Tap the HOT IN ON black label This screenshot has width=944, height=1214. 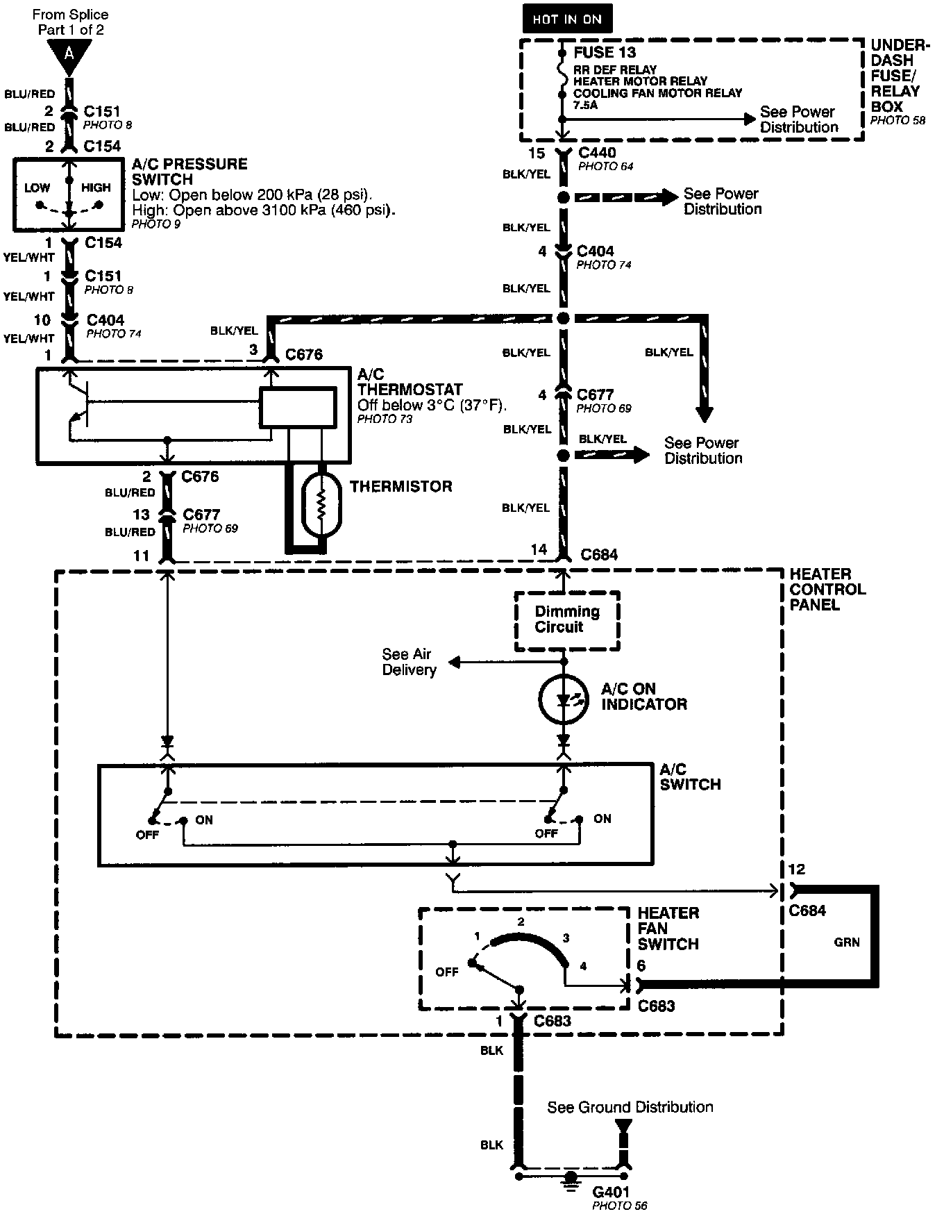(x=567, y=19)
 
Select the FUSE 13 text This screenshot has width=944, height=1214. (x=605, y=52)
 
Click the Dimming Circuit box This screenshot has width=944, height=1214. (x=567, y=620)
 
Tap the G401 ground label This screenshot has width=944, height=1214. (x=611, y=1192)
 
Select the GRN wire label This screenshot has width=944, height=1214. (x=847, y=942)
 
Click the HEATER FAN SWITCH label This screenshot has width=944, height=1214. (x=668, y=929)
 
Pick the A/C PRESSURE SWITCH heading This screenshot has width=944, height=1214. (x=189, y=172)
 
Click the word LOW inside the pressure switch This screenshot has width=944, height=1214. (x=37, y=188)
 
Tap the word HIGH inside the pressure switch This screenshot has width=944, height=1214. (x=96, y=188)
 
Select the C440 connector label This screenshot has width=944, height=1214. (x=597, y=153)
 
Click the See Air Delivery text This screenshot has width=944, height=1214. (x=409, y=662)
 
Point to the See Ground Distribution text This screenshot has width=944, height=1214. (x=630, y=1107)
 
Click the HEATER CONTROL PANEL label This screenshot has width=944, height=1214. (x=827, y=589)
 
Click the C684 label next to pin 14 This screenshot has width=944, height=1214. (x=599, y=555)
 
